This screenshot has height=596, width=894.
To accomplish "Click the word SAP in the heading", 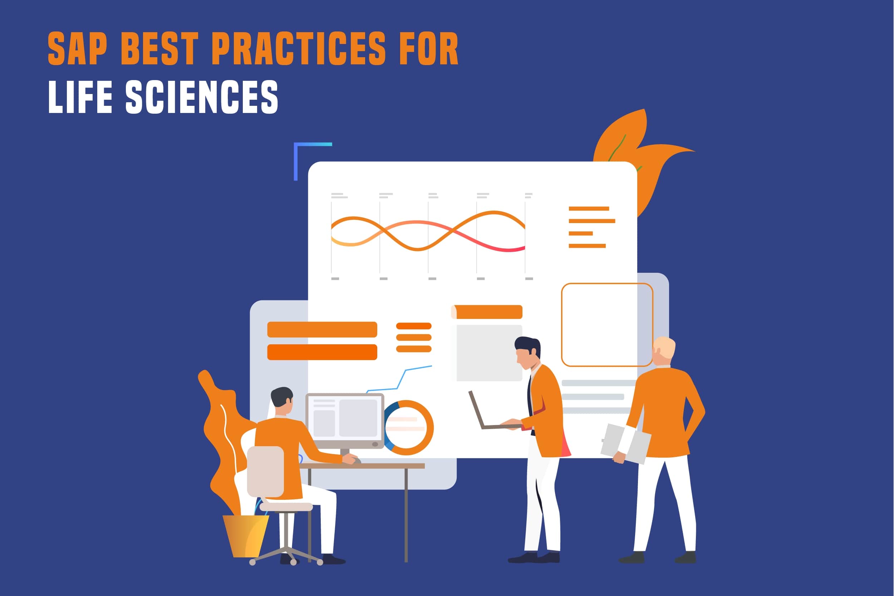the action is tap(78, 48).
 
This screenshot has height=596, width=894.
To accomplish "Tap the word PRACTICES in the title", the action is tap(299, 48).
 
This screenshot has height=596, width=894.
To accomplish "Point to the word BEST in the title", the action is tap(159, 48).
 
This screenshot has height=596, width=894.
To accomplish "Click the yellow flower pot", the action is tap(246, 536).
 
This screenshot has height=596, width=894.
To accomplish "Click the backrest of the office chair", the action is tap(265, 471).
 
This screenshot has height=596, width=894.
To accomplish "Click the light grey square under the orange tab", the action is tap(489, 353).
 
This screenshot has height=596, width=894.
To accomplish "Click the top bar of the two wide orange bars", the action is tap(322, 329).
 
